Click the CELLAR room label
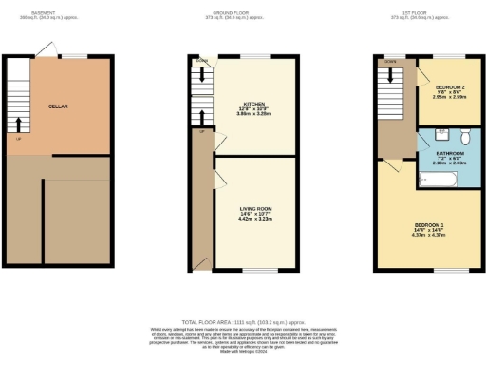(x=58, y=107)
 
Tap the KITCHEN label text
(x=254, y=104)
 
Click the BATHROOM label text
(x=450, y=153)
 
